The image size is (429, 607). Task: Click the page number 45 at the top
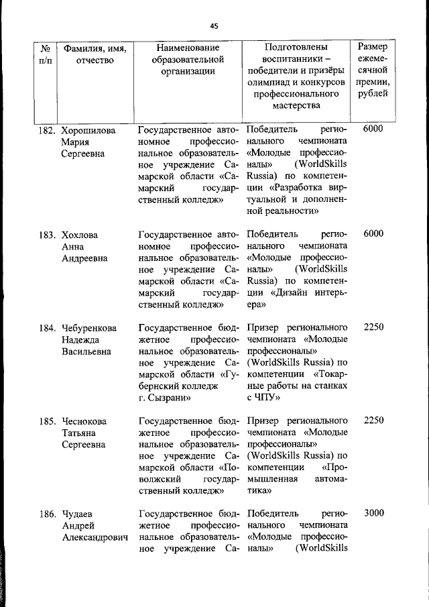tap(214, 26)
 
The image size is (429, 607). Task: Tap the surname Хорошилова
tap(88, 129)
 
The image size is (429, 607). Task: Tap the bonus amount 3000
tap(373, 513)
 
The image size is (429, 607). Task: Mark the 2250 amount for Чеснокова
tap(373, 421)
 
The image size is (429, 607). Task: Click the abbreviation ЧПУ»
tap(267, 398)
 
